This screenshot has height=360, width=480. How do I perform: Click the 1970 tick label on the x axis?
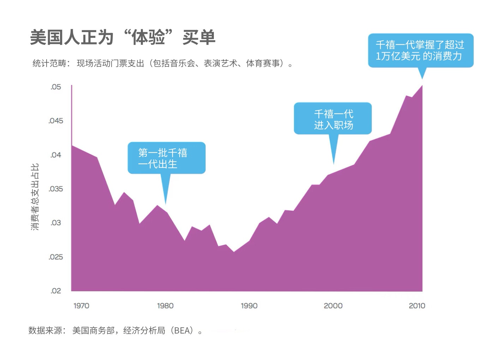tap(81, 306)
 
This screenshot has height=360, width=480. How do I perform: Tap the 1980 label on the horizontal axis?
tap(165, 306)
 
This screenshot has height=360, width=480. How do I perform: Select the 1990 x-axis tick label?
tap(249, 306)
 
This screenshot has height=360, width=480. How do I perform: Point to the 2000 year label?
tap(333, 306)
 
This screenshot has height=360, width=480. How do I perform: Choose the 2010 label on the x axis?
tap(417, 306)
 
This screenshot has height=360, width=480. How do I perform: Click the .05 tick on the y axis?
tap(55, 87)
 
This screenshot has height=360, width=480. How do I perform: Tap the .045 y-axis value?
tap(56, 121)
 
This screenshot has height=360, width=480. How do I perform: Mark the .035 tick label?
tap(56, 189)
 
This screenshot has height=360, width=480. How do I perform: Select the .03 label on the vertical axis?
tap(56, 223)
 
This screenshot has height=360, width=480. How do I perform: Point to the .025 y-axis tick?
tap(56, 257)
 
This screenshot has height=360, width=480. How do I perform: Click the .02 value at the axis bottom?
tap(56, 291)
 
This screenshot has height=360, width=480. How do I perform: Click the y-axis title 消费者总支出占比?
tap(35, 197)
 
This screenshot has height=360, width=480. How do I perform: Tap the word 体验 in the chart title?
tap(148, 37)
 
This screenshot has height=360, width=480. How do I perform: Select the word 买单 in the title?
tap(199, 37)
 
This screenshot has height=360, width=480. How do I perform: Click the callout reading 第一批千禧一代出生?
tap(166, 158)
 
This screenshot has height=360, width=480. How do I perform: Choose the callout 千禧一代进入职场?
tap(333, 119)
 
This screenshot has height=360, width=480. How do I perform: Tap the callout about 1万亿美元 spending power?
tap(420, 50)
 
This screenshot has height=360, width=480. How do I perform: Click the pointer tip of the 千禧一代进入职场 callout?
tap(334, 164)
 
